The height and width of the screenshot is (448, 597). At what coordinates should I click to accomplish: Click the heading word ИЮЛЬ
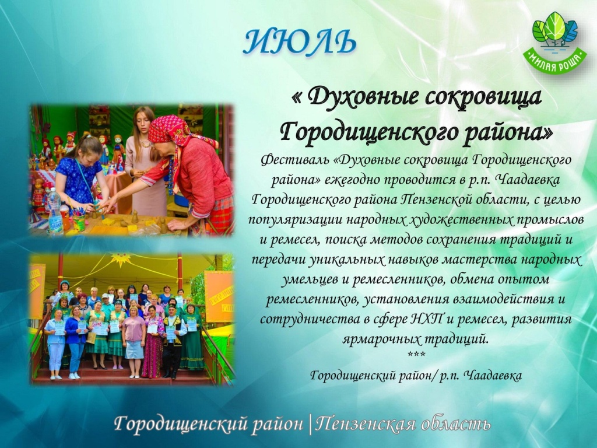pos(299,41)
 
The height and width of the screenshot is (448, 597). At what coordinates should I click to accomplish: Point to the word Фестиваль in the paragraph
pos(294,160)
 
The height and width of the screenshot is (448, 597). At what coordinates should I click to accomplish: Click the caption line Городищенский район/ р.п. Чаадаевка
pos(416,376)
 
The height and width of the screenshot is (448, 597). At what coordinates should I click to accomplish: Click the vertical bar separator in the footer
pos(310,425)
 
